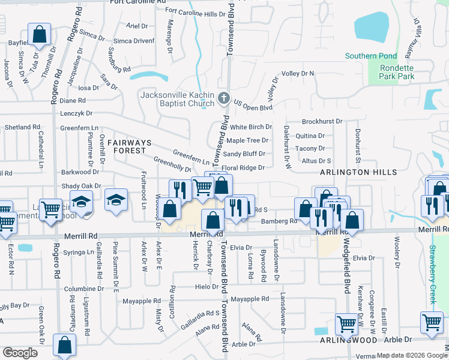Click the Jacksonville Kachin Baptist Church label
coord(177,99)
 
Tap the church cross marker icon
coord(223,98)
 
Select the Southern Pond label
coord(370,56)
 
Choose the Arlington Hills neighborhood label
coord(358,172)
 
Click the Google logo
coord(20,353)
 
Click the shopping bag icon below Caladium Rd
coord(64,346)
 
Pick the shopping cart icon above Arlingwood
coord(347,324)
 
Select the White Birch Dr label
coord(251,127)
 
